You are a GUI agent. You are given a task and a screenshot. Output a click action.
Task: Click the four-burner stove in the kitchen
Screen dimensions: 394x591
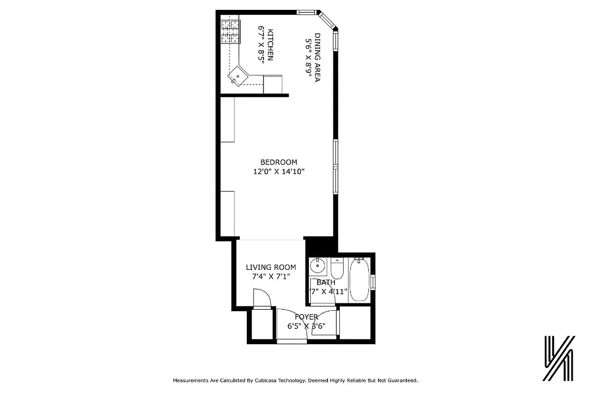tap(230, 32)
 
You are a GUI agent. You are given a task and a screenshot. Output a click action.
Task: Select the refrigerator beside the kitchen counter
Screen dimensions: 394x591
tap(273, 84)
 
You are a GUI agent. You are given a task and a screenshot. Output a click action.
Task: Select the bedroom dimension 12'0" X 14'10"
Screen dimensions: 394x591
tap(279, 172)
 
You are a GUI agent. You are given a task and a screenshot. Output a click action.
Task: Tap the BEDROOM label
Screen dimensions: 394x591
tap(279, 162)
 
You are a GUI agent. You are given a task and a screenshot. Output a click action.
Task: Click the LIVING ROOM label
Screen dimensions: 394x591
tap(271, 267)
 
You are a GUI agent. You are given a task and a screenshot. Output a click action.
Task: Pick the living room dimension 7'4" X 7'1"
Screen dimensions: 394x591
tap(271, 277)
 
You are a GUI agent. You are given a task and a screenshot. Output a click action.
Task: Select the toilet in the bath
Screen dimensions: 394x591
tap(337, 270)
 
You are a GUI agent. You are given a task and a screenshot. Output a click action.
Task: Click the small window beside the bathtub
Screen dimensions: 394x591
tap(373, 282)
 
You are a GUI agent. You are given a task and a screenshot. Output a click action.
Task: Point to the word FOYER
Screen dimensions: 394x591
tap(306, 317)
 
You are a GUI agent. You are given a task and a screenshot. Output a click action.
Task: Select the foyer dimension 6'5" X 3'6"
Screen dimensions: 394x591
tap(306, 326)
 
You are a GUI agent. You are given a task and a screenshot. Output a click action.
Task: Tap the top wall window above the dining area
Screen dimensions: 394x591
tap(306, 12)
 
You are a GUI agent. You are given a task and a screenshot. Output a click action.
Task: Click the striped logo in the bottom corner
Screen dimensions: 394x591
tap(559, 359)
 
